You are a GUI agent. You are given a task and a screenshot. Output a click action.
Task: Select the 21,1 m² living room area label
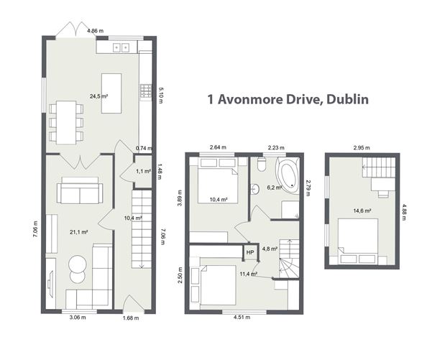tap(78, 231)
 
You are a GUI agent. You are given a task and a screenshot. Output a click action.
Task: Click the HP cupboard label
tap(250, 252)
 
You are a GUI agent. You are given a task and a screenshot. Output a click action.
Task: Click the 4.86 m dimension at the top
tap(95, 31)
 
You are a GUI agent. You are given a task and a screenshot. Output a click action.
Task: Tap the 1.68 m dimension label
tap(130, 318)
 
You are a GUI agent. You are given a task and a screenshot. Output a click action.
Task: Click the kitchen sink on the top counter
tap(120, 47)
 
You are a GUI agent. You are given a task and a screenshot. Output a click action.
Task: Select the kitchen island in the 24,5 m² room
tap(111, 93)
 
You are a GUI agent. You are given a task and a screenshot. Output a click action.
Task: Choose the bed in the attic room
tap(359, 238)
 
